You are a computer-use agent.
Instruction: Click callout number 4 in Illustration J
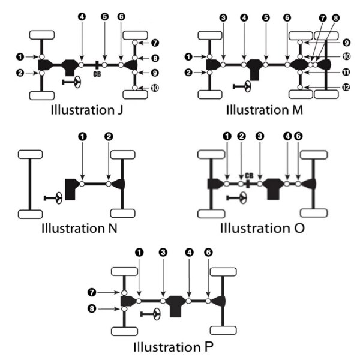click(82, 16)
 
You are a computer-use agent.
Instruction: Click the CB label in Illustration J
click(97, 74)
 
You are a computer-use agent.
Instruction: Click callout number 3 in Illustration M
click(223, 18)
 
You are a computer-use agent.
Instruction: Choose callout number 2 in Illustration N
click(109, 137)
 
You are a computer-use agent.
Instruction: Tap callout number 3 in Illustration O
click(260, 137)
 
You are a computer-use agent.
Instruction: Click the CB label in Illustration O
click(250, 175)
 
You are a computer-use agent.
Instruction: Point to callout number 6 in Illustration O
click(298, 137)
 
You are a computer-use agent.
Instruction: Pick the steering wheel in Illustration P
click(155, 313)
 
